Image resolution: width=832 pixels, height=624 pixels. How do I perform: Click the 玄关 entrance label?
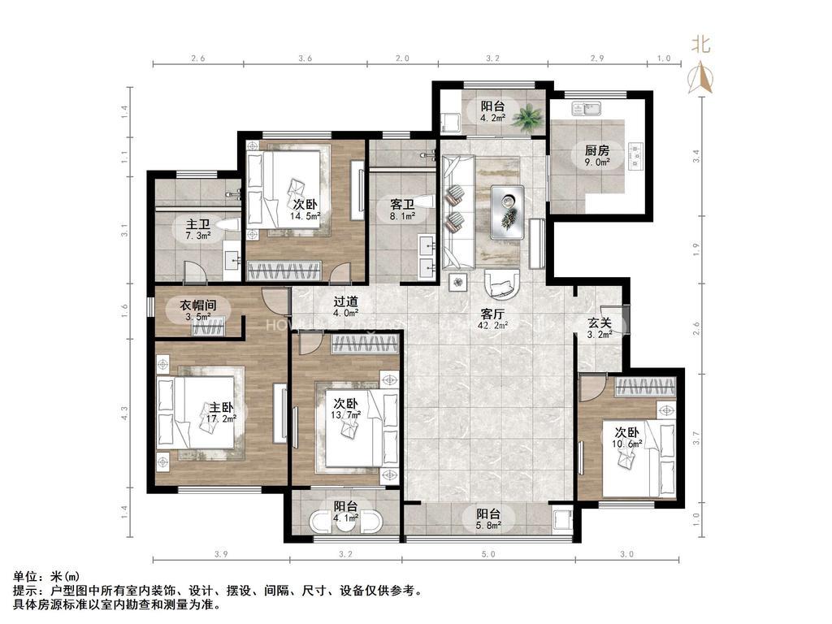[x=600, y=323]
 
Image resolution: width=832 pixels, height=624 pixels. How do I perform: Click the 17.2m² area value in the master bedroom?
[x=220, y=418]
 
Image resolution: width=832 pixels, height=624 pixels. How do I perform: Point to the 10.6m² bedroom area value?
[x=628, y=444]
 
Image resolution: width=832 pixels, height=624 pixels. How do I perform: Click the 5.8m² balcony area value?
[x=488, y=526]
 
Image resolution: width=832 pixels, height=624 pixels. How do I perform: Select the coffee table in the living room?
[x=509, y=210]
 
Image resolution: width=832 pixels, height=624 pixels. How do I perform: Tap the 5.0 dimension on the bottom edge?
[x=487, y=554]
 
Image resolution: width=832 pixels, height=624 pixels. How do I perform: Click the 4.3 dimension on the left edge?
[x=125, y=414]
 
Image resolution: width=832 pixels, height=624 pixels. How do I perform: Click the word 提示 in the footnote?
[x=27, y=591]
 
